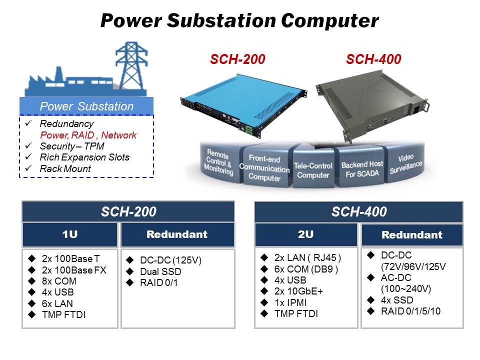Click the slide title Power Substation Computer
pos(239,20)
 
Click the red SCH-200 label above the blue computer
pos(237,60)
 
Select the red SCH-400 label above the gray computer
pos(373,60)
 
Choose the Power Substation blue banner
pos(86,106)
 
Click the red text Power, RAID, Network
pos(88,135)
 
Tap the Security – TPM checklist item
pos(72,146)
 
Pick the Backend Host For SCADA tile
pos(362,169)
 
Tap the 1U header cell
pos(69,234)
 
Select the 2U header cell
pos(306,234)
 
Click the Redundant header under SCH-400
pos(411,235)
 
